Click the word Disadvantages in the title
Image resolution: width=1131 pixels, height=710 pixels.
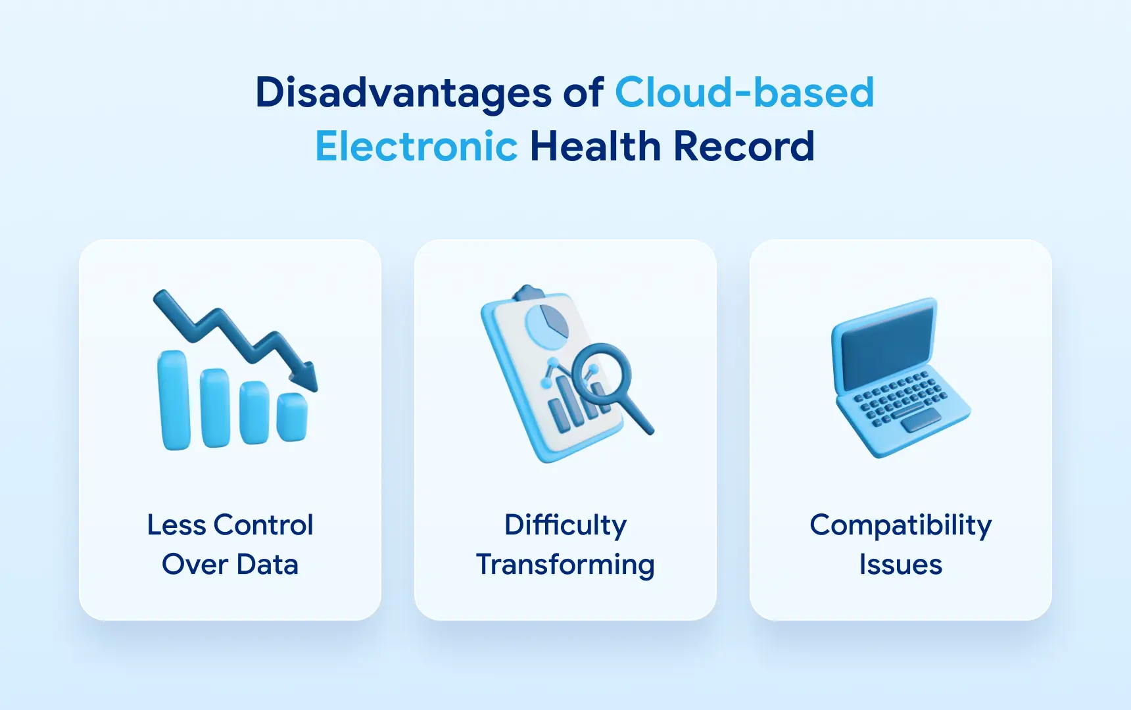point(404,92)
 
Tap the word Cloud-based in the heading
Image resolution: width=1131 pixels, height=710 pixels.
point(744,92)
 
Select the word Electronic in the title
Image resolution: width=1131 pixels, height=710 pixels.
point(416,146)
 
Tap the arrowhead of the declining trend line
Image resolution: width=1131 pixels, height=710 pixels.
point(305,377)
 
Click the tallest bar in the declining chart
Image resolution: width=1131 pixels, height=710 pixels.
point(174,400)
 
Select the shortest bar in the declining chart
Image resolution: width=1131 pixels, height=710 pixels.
point(292,417)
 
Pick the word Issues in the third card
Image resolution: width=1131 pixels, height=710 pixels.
point(901,565)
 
